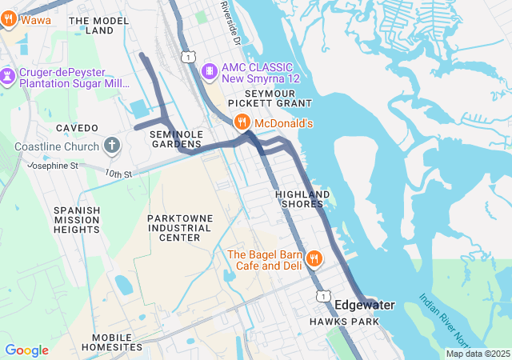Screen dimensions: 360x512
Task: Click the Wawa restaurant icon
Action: point(9,19)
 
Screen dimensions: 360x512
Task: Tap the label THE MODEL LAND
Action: point(99,26)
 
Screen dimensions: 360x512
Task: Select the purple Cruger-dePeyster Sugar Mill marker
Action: point(9,77)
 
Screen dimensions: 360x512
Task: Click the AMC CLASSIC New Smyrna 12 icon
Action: point(210,71)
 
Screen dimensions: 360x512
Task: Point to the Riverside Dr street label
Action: point(233,22)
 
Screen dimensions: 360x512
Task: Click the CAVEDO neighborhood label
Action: point(77,128)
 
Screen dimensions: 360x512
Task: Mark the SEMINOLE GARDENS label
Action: point(176,138)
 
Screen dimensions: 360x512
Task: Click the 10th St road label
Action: point(116,174)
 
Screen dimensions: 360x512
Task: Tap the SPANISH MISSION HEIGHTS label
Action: point(77,220)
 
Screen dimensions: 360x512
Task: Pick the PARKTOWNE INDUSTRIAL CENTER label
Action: point(179,227)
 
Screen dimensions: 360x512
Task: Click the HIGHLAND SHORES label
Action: point(302,199)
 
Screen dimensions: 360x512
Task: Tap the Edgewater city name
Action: point(364,305)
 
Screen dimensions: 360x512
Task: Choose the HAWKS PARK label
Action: point(344,322)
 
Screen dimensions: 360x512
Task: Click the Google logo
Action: point(26,350)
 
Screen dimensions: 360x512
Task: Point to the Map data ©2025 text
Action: point(477,354)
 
